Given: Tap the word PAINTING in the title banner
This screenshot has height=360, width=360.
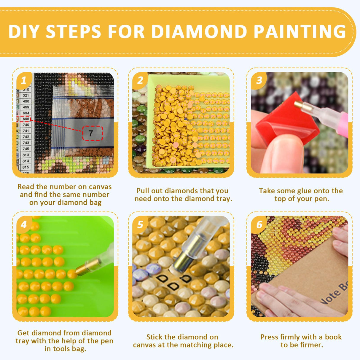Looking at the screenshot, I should (300, 32).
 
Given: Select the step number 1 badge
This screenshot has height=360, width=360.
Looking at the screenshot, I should (24, 80).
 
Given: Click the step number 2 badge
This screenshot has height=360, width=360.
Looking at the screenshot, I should (140, 80).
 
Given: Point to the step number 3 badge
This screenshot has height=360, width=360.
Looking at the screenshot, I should (259, 80).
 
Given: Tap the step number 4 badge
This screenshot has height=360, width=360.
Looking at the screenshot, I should (24, 224).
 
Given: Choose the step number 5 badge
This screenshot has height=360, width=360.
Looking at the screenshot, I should (140, 224).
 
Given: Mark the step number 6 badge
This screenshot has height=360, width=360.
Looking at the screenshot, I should (259, 224).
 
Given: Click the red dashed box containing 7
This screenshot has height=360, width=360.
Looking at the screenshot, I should (93, 133).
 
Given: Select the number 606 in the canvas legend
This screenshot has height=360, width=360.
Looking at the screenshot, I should (26, 119).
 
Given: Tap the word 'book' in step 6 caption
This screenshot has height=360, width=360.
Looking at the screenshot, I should (333, 337).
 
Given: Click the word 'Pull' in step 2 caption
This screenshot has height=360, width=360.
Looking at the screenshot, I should (142, 191).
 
